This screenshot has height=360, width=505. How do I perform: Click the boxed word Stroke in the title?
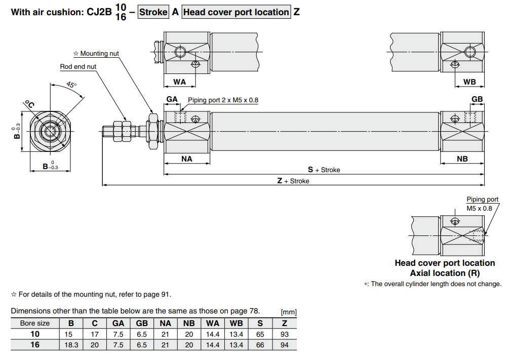click(153, 12)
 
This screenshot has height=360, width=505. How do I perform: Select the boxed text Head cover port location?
click(237, 12)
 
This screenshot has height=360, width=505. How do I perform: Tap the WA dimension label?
click(179, 82)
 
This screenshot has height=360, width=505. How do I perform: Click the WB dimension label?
click(470, 82)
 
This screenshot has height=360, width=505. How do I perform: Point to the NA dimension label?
click(186, 158)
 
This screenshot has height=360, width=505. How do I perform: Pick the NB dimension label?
click(462, 158)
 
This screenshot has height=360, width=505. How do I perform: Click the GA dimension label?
click(172, 99)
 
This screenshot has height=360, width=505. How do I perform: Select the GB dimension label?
click(477, 99)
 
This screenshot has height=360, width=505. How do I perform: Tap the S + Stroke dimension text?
click(324, 170)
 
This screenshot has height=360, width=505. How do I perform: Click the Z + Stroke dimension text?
click(293, 181)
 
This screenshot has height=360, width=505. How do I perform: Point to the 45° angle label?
click(71, 85)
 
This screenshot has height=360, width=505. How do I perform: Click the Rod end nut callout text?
click(78, 66)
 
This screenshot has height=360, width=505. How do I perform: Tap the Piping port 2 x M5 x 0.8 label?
click(223, 100)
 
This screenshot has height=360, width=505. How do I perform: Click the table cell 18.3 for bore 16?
click(71, 345)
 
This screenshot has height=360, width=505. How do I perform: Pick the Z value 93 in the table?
click(284, 334)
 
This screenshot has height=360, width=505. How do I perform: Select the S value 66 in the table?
click(260, 345)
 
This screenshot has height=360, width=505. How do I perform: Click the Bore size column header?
click(35, 323)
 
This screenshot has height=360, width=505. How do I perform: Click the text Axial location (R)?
click(445, 273)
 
